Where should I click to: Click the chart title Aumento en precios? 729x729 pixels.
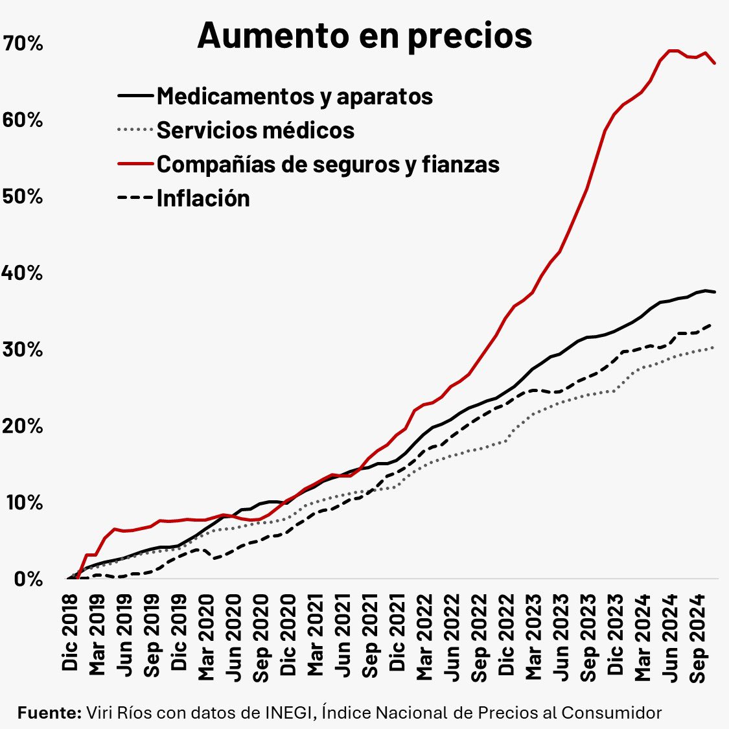point(364,36)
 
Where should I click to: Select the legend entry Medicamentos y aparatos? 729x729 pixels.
point(295,96)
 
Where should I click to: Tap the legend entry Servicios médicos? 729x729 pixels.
point(255,130)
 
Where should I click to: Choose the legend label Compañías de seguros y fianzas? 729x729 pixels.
point(328,164)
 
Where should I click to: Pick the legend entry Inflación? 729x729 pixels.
point(203,198)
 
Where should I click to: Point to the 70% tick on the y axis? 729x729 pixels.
point(23,44)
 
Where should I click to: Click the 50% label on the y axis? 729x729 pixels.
point(23,197)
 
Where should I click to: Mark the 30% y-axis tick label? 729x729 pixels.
point(23,350)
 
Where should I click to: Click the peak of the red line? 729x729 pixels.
point(673,51)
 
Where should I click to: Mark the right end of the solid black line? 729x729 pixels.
point(715,292)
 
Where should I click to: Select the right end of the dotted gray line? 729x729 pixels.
point(714,347)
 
